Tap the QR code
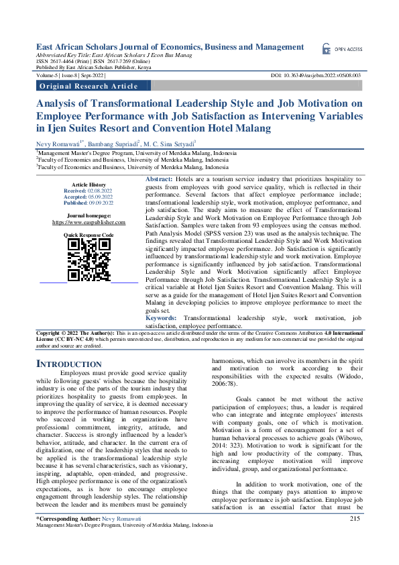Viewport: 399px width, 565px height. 89,260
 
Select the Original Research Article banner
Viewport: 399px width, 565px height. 89,86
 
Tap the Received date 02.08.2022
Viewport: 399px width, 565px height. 99,191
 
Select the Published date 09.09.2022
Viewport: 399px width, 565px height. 99,202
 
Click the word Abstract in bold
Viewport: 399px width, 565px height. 159,180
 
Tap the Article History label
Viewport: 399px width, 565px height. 89,185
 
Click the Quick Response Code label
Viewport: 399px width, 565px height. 89,235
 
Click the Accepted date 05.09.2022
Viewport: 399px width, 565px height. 99,197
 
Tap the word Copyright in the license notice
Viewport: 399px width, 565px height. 50,333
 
